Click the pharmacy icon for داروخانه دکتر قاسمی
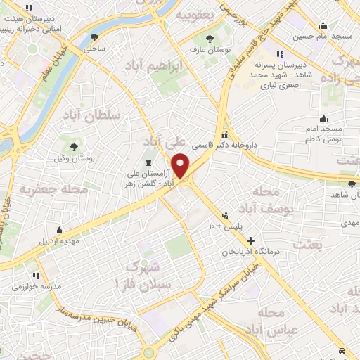coord(225,135)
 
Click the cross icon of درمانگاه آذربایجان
coord(251,240)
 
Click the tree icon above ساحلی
coord(96,36)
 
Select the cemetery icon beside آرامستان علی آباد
coord(138,163)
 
